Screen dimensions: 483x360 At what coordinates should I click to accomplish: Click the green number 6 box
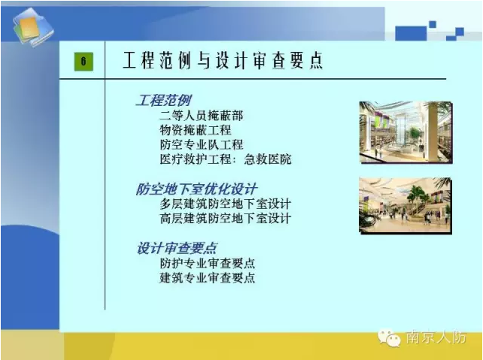(x=84, y=62)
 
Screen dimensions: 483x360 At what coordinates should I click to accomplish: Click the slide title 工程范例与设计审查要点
(x=223, y=60)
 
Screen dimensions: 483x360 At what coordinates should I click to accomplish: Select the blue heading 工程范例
(x=163, y=101)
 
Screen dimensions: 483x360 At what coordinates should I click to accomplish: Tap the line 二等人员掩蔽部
(x=202, y=116)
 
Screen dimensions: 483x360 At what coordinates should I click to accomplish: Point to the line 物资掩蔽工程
(x=196, y=130)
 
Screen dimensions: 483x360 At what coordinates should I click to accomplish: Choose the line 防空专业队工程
(x=202, y=144)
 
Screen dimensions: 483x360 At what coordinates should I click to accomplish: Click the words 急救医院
(x=268, y=159)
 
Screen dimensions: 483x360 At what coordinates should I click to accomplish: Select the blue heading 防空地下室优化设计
(x=196, y=189)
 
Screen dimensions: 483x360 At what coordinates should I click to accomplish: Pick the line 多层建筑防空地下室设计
(x=225, y=204)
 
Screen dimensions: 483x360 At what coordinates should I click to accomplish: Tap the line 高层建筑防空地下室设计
(x=225, y=219)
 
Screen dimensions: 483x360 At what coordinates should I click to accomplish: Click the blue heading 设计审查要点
(x=177, y=248)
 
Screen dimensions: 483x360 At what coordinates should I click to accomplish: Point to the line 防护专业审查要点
(x=208, y=263)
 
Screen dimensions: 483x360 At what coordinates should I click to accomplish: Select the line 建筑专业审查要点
(x=208, y=278)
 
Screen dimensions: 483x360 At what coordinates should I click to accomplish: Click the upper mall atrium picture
(x=406, y=132)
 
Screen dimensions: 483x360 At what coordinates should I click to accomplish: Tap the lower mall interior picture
(x=406, y=205)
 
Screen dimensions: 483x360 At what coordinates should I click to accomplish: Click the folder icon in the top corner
(x=33, y=27)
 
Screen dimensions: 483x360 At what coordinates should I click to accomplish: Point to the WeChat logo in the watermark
(x=389, y=338)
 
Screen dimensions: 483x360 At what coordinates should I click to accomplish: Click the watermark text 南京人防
(x=436, y=337)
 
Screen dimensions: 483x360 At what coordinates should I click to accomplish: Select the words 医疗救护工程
(x=196, y=159)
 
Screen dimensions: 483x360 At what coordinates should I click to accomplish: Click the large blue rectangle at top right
(x=411, y=34)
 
